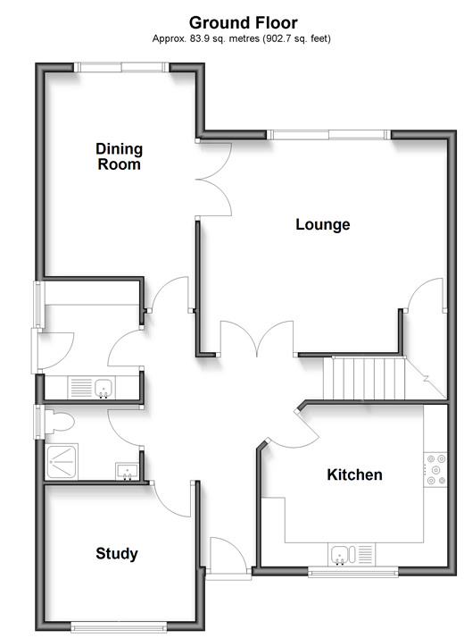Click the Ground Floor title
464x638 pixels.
coord(243,23)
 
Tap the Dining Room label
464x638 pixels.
coord(119,156)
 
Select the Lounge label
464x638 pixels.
coord(323,224)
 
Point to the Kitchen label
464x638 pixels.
coord(355,474)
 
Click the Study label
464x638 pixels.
coord(117,554)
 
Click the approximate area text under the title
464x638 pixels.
coord(241,38)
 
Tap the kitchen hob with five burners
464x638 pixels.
coord(435,470)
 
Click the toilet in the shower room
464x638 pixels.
coord(59,422)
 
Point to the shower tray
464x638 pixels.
coord(62,462)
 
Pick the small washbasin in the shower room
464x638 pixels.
coord(127,471)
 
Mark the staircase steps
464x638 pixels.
coord(364,378)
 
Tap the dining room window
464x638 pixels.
coord(121,67)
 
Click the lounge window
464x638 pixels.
coord(328,135)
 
